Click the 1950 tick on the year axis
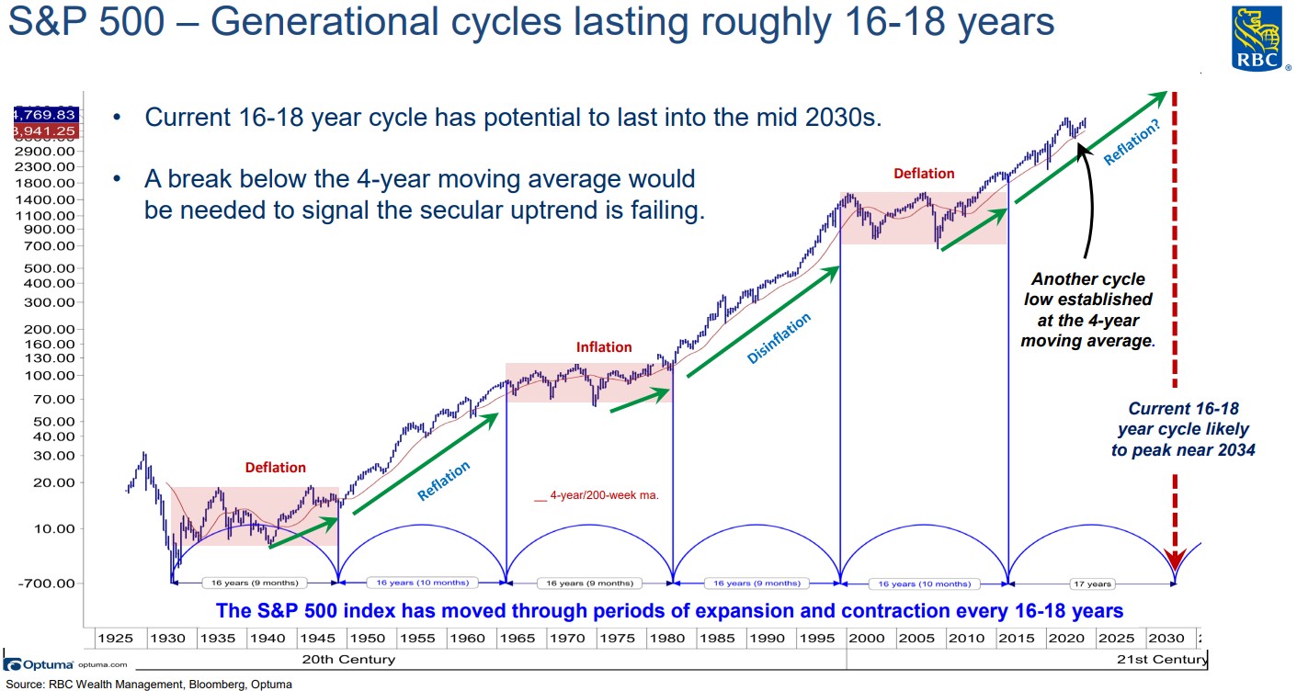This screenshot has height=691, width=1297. pyautogui.click(x=366, y=638)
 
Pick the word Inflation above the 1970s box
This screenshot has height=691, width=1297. pyautogui.click(x=604, y=347)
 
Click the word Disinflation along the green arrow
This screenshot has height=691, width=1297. pyautogui.click(x=779, y=338)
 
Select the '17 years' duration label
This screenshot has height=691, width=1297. pyautogui.click(x=1092, y=583)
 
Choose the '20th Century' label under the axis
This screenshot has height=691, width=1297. pyautogui.click(x=348, y=659)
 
